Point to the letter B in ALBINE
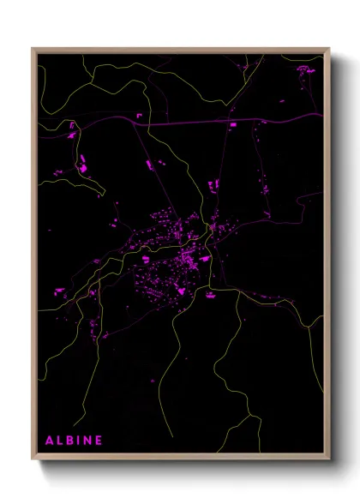pyautogui.click(x=71, y=441)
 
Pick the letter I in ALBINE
pyautogui.click(x=80, y=441)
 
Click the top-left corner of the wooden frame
pyautogui.click(x=33, y=48)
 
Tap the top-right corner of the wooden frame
pyautogui.click(x=330, y=48)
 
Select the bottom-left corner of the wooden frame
pyautogui.click(x=33, y=461)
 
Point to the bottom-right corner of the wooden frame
pyautogui.click(x=330, y=461)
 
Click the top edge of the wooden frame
pyautogui.click(x=180, y=49)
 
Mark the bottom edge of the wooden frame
pyautogui.click(x=180, y=459)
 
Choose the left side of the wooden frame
pyautogui.click(x=33, y=257)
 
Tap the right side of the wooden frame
pyautogui.click(x=328, y=257)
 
